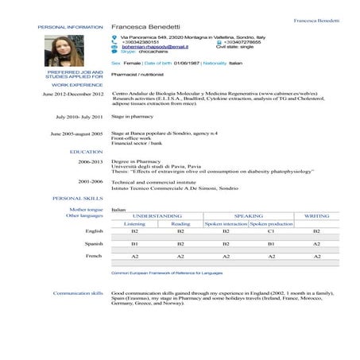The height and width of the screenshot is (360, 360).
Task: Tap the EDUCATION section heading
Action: [86, 151]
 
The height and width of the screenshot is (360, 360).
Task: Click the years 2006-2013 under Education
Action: [90, 161]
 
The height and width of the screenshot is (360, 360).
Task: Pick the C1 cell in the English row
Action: [271, 231]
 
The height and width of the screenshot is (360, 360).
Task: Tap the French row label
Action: [95, 257]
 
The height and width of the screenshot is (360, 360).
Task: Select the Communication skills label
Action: [79, 292]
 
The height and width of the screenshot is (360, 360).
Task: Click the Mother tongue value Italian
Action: [119, 209]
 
